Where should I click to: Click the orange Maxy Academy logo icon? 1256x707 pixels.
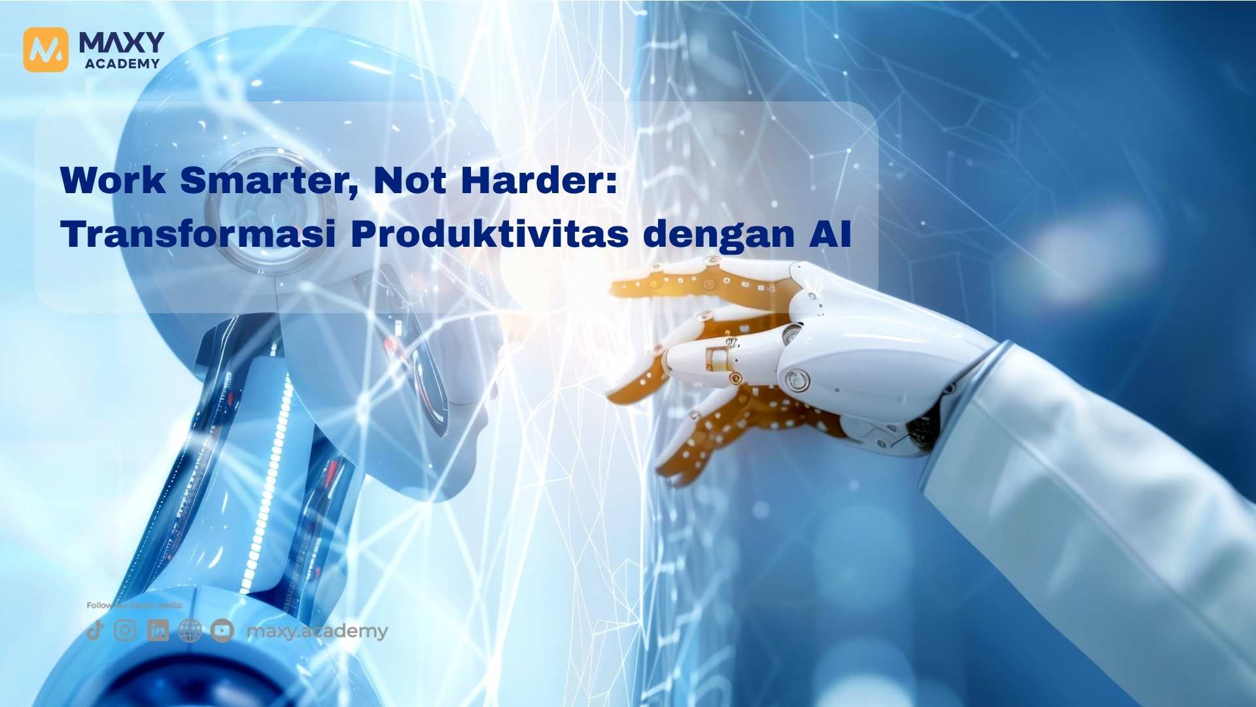coord(45,49)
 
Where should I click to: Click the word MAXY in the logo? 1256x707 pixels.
coord(122,43)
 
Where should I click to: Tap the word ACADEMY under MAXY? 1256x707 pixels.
coord(122,63)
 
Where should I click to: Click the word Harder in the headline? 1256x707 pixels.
coord(538,180)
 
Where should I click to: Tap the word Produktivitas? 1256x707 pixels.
coord(489,234)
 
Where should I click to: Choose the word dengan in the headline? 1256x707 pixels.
coord(719,235)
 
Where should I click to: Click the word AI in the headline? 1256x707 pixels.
coord(830,234)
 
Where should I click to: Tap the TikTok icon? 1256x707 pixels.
coord(95,630)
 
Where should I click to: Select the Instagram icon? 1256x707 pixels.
coord(125,630)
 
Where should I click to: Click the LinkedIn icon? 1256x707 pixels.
coord(158,630)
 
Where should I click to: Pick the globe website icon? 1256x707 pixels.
coord(190,630)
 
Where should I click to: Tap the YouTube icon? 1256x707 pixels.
coord(222,630)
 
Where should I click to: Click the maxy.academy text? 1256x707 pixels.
coord(317,631)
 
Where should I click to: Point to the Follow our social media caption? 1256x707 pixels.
coord(135,606)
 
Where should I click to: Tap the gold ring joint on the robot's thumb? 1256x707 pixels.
coord(718,358)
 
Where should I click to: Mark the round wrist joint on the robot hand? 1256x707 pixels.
coord(797,379)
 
